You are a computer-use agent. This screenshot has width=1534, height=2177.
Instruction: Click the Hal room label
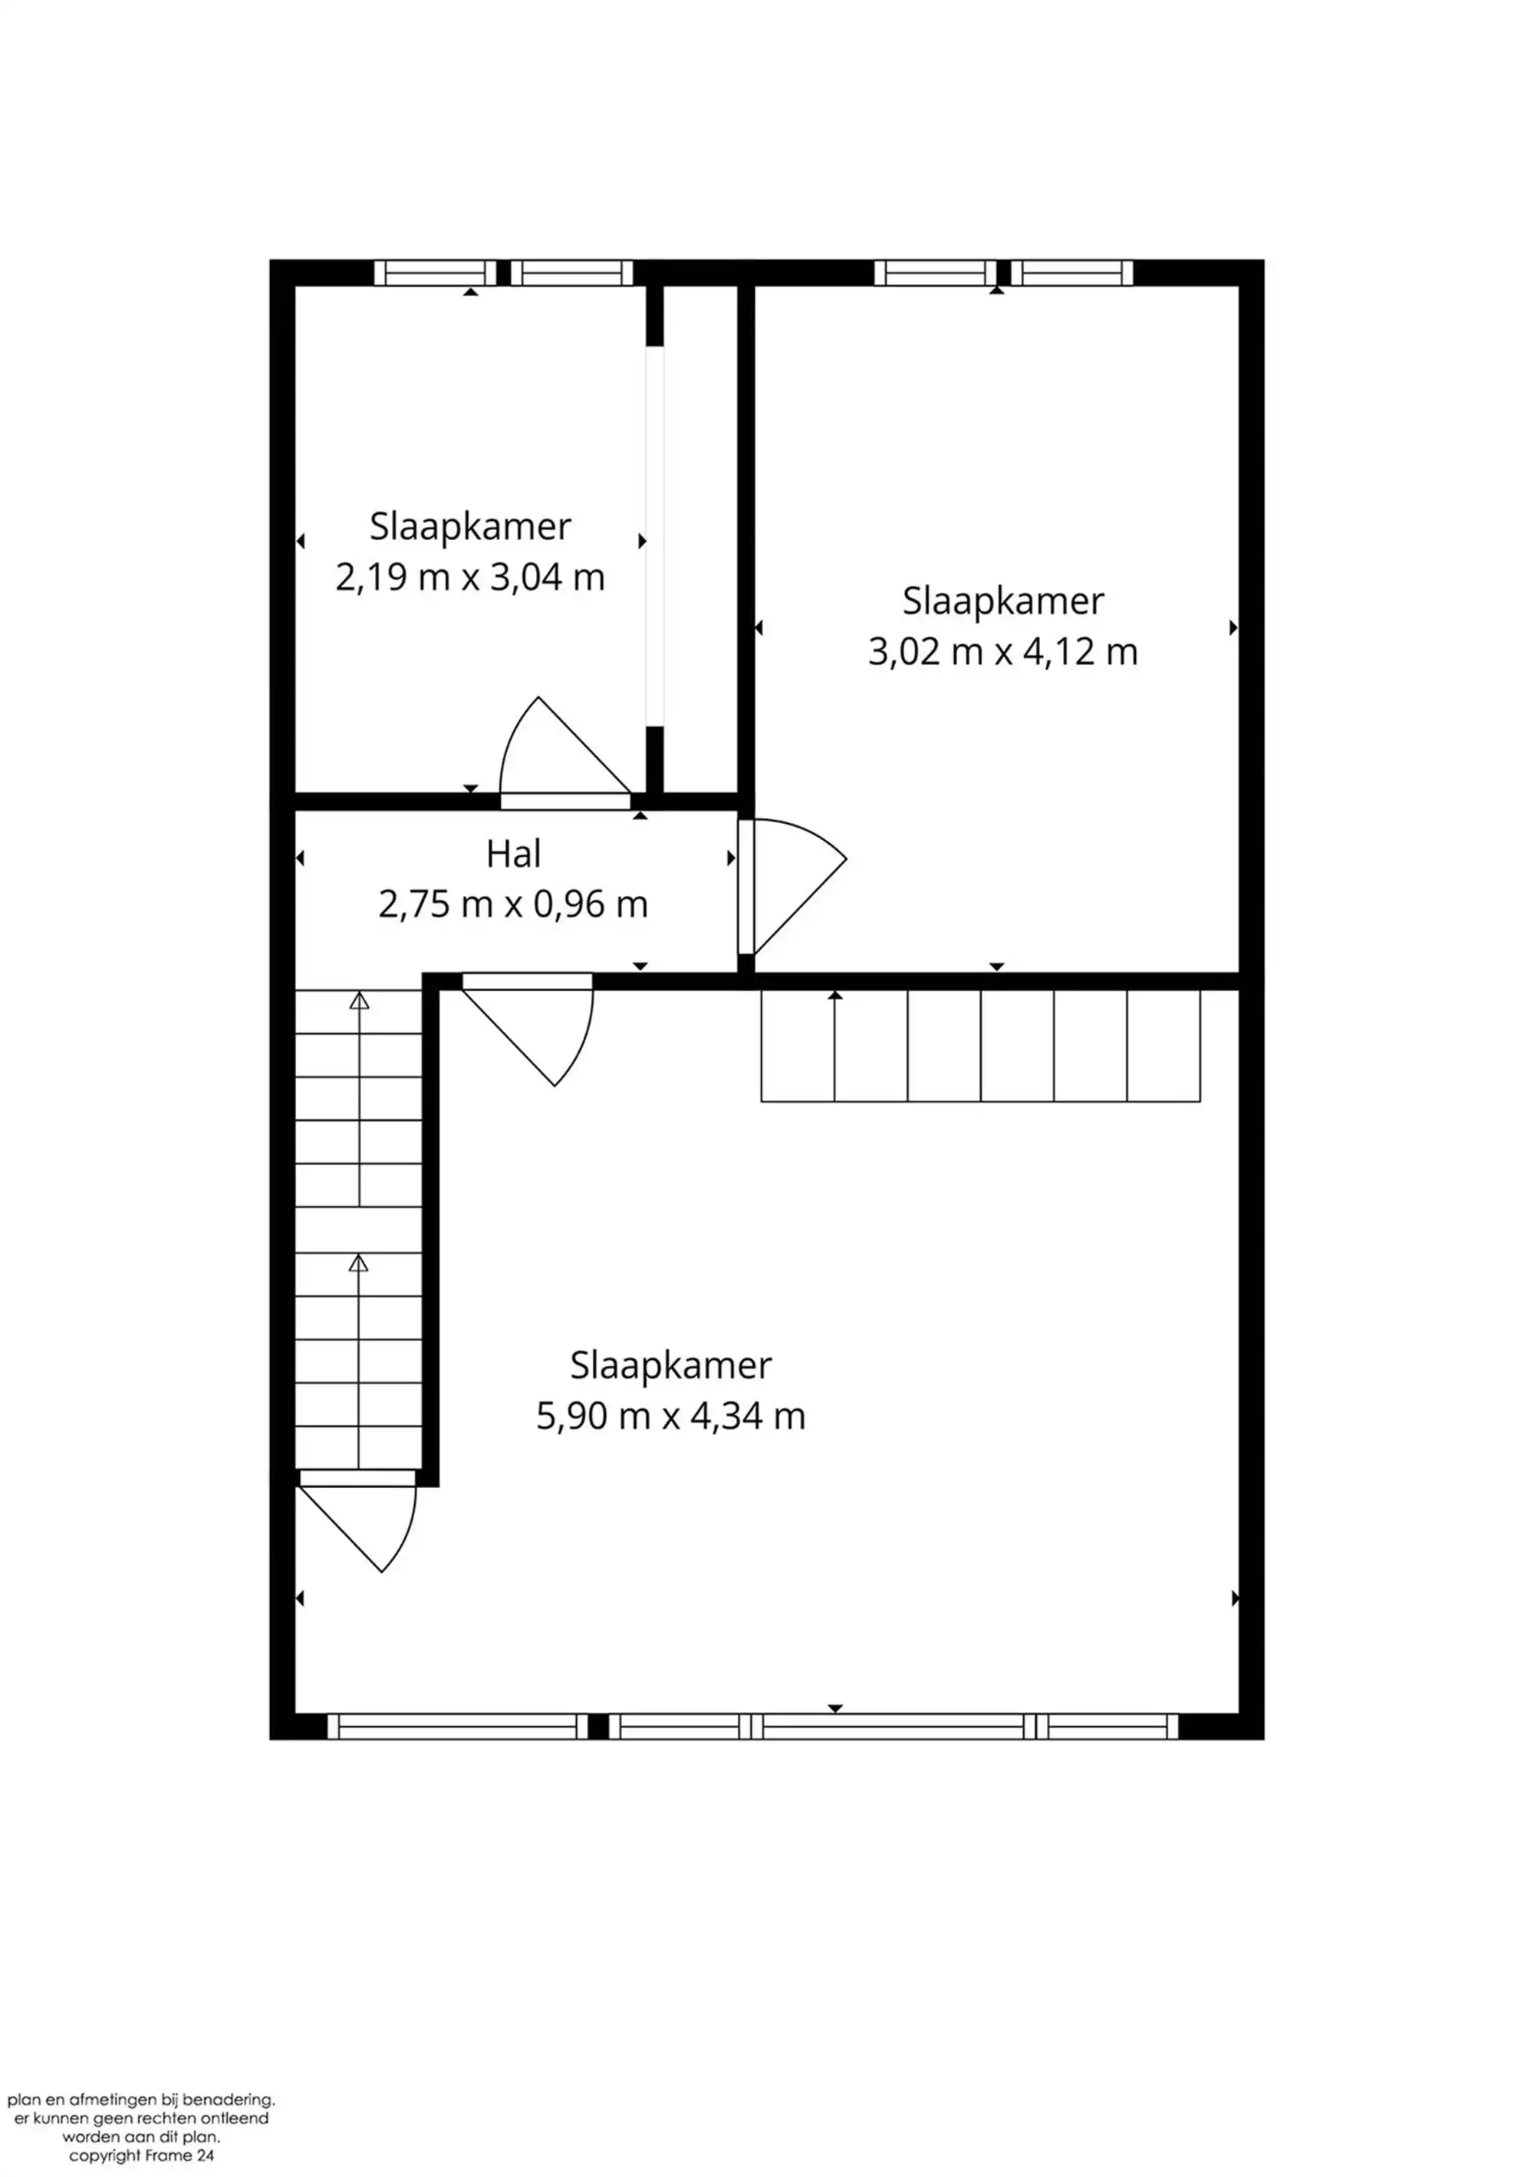(x=513, y=855)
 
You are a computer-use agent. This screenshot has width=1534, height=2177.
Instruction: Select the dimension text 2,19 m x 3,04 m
(x=469, y=578)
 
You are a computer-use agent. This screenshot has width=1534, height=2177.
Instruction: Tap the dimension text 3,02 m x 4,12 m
(x=1002, y=652)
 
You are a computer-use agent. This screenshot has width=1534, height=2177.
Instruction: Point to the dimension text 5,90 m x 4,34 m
(x=670, y=1417)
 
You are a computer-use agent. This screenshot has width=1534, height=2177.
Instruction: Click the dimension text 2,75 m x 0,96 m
(x=513, y=904)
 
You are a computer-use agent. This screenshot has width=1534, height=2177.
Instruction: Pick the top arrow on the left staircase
(x=358, y=1001)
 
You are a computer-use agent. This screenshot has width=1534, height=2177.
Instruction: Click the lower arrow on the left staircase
(x=358, y=1264)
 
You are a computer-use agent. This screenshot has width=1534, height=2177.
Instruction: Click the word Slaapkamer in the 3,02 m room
(x=1002, y=601)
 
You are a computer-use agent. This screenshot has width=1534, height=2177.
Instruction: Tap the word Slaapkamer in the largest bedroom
(x=670, y=1365)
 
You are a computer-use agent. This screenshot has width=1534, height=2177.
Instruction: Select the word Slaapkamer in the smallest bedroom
(x=469, y=526)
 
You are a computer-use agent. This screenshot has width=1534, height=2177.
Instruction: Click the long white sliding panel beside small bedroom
(x=654, y=535)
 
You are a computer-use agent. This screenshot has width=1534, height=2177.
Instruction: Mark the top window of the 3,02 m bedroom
(x=1002, y=273)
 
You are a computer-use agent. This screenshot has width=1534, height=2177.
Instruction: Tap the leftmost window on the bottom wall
(x=458, y=1727)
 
